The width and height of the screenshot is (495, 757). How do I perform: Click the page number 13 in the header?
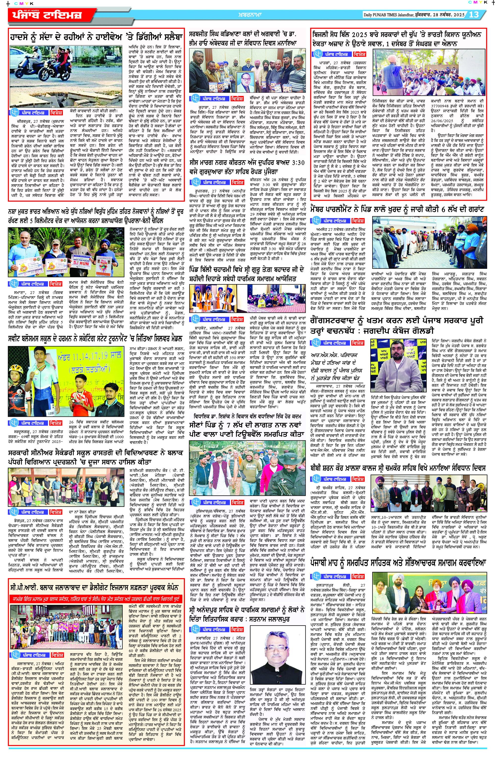[474, 15]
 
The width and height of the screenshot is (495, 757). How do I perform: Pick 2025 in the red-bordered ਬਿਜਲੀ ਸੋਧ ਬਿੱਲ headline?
[359, 34]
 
